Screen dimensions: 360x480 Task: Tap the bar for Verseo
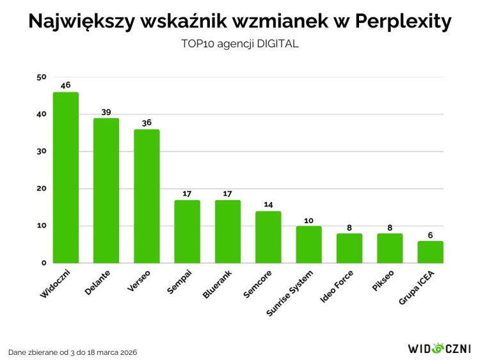click(x=147, y=196)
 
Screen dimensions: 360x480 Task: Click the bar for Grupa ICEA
click(x=430, y=252)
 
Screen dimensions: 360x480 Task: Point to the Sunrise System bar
click(x=308, y=244)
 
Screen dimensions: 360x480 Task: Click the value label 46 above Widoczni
click(x=65, y=85)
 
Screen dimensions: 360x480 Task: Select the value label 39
click(x=106, y=111)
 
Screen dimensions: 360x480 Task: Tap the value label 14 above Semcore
click(x=268, y=205)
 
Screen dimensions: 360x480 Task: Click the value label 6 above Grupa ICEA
click(x=430, y=234)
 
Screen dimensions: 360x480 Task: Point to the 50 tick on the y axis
click(x=42, y=77)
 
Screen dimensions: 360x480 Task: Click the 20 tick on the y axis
click(x=42, y=189)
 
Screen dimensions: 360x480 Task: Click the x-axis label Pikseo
click(x=385, y=280)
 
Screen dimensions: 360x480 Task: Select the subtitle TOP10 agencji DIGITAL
click(x=240, y=45)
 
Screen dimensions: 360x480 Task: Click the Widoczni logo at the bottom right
click(x=439, y=348)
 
